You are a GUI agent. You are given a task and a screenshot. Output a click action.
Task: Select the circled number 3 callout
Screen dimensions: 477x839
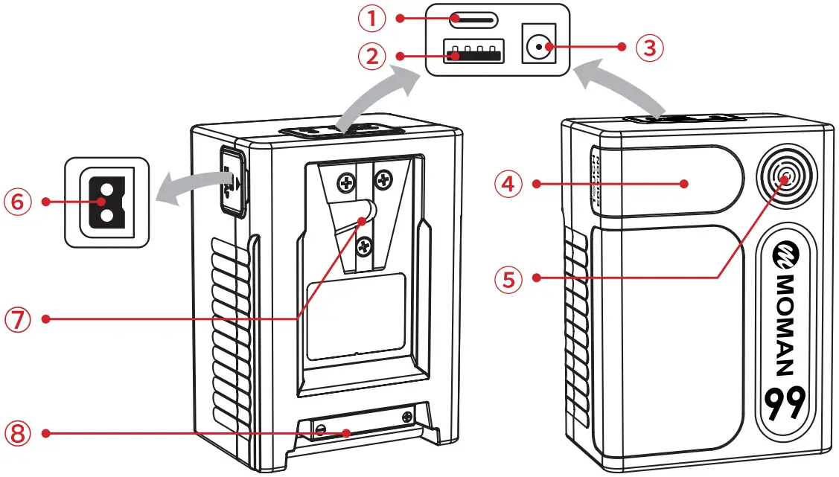pos(649,48)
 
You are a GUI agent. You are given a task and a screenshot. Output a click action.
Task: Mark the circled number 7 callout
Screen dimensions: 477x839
pos(19,318)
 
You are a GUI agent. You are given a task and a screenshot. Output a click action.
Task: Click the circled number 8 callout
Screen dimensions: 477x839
pos(19,432)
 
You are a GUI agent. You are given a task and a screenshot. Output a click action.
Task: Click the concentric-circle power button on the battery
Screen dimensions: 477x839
pos(785,176)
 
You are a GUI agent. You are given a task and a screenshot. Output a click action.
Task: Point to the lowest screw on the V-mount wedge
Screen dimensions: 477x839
pos(365,244)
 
